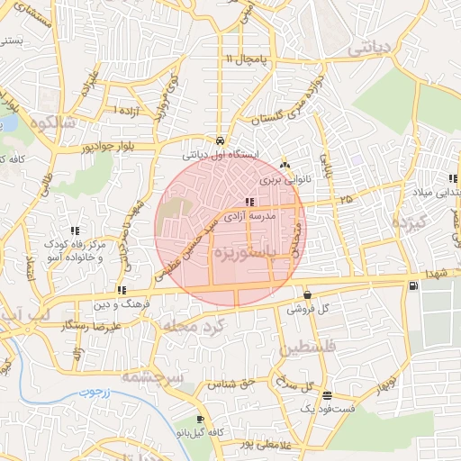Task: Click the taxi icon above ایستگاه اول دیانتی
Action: pyautogui.click(x=221, y=141)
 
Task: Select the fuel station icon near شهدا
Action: pyautogui.click(x=413, y=286)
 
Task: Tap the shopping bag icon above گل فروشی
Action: pyautogui.click(x=308, y=294)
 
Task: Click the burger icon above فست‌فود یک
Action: pyautogui.click(x=326, y=395)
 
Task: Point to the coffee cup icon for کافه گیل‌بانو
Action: pyautogui.click(x=199, y=419)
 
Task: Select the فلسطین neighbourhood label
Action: pyautogui.click(x=308, y=347)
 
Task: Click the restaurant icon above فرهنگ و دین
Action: pyautogui.click(x=121, y=290)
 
